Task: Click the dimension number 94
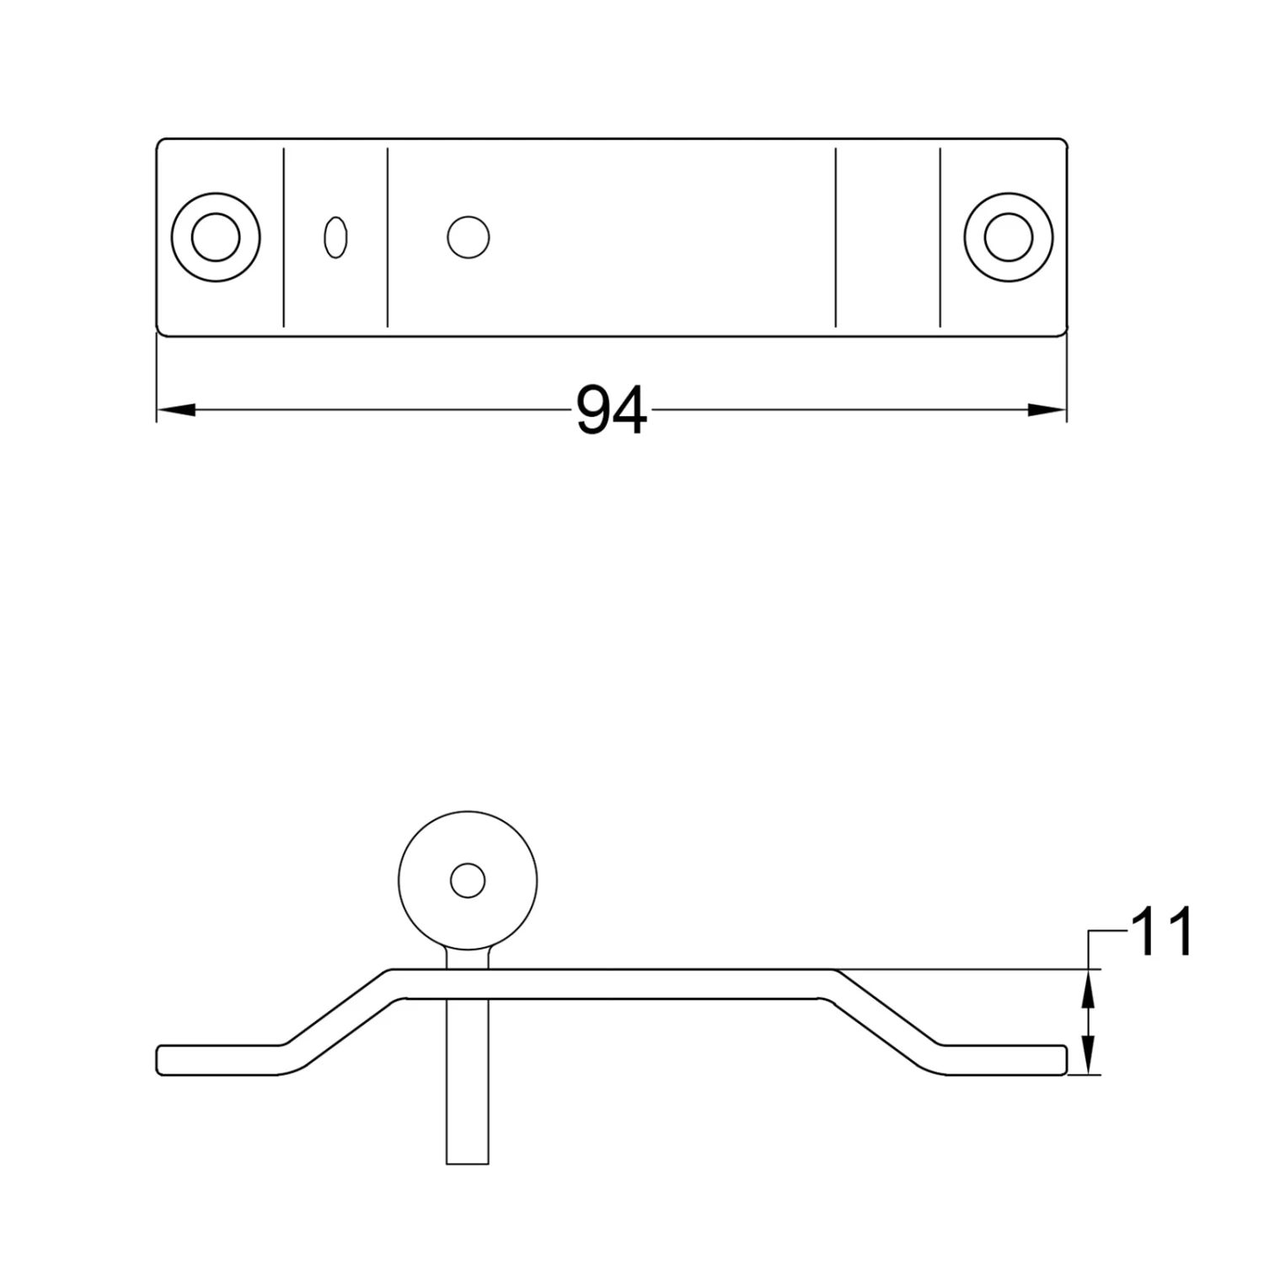coord(612,410)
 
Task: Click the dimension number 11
coord(1163,932)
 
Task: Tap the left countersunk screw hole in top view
coord(215,237)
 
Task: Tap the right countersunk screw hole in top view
coord(1009,237)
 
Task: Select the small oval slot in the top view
coord(335,238)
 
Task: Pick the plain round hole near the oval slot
coord(469,238)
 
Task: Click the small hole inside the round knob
coord(468,881)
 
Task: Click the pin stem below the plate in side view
coord(468,1087)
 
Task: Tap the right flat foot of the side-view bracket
coord(1003,1060)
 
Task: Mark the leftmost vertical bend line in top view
coord(284,238)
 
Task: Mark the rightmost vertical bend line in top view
coord(940,238)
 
